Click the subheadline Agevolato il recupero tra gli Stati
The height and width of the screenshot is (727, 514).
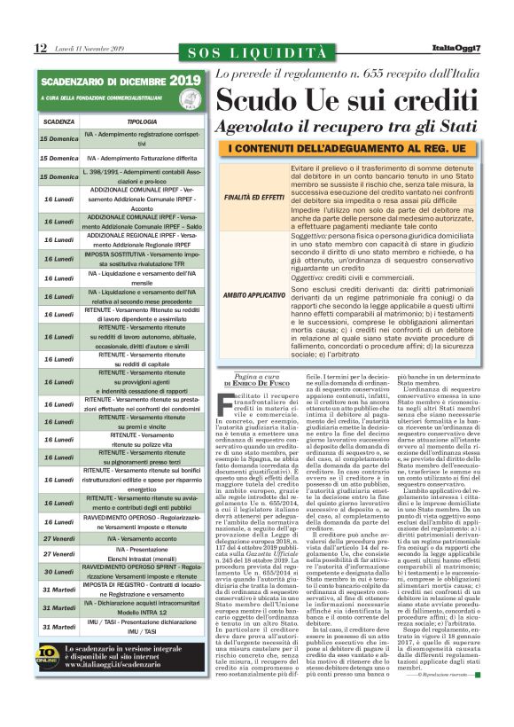click(x=347, y=127)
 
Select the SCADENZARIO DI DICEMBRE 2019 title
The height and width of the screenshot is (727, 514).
click(x=121, y=81)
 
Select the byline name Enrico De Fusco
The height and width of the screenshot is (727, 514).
click(x=263, y=383)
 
